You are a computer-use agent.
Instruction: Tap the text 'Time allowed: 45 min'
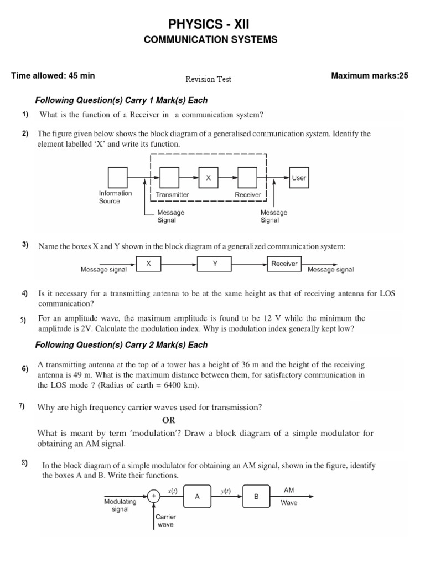[53, 76]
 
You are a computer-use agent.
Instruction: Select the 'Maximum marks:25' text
[369, 76]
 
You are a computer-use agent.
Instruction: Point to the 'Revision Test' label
[208, 79]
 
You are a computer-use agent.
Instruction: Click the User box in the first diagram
[299, 178]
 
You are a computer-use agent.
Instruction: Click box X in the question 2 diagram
[209, 178]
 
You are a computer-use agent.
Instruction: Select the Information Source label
[115, 197]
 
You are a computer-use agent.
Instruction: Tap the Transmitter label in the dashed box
[172, 195]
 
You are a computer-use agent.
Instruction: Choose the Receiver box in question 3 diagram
[284, 264]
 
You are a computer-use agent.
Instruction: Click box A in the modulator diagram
[196, 497]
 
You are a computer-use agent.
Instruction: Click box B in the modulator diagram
[256, 497]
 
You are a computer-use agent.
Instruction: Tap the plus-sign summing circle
[153, 497]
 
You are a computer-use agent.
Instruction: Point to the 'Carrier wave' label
[165, 520]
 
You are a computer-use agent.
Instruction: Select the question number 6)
[25, 369]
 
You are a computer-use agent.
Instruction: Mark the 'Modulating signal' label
[120, 505]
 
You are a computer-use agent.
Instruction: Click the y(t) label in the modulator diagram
[226, 489]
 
